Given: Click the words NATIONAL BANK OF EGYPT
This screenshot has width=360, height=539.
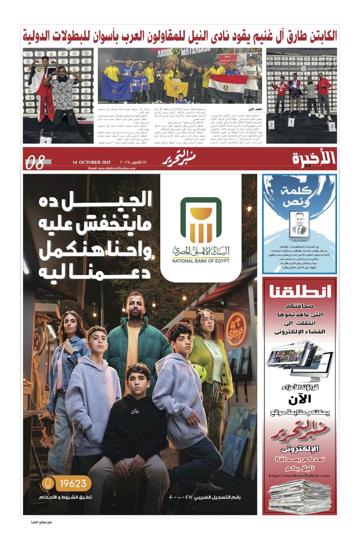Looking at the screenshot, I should (201, 261).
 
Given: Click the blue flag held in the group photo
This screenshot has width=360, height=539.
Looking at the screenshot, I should (116, 86).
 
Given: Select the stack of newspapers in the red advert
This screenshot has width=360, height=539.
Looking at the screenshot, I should (300, 496).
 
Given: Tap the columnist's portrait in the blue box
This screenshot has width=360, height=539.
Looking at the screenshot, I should (300, 223).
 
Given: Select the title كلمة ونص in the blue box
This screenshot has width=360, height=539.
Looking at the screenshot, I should (300, 194).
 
